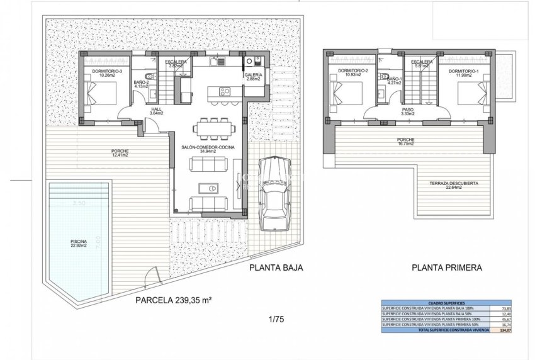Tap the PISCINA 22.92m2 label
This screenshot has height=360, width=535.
click(x=79, y=244)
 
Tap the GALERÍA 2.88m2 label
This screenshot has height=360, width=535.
click(x=253, y=77)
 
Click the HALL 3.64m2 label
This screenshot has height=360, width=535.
click(x=157, y=111)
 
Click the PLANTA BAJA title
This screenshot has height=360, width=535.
click(x=277, y=267)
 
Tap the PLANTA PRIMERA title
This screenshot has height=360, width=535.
click(x=447, y=267)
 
